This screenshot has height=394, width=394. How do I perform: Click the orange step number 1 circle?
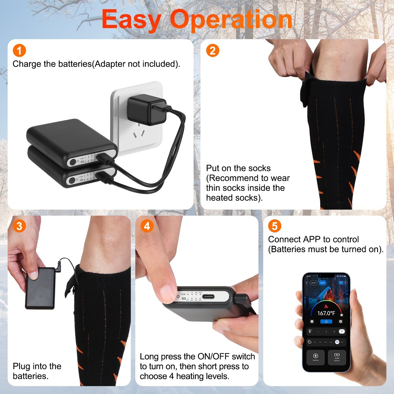[19, 50]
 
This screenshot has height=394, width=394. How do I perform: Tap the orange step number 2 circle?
[212, 50]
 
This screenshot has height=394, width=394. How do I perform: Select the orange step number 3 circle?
[19, 226]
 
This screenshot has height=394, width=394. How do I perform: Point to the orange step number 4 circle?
[147, 226]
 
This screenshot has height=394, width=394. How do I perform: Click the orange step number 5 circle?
[274, 226]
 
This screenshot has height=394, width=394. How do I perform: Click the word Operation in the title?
[231, 20]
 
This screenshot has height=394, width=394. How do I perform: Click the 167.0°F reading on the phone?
[326, 313]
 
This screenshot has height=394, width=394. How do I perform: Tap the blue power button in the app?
[326, 322]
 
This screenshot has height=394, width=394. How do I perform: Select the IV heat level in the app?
[342, 331]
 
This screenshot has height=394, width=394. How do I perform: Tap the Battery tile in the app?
[337, 357]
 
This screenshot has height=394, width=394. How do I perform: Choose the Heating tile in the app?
[315, 357]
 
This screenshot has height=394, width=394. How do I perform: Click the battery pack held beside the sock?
[40, 288]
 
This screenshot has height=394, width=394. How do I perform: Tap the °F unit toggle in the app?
[341, 283]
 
